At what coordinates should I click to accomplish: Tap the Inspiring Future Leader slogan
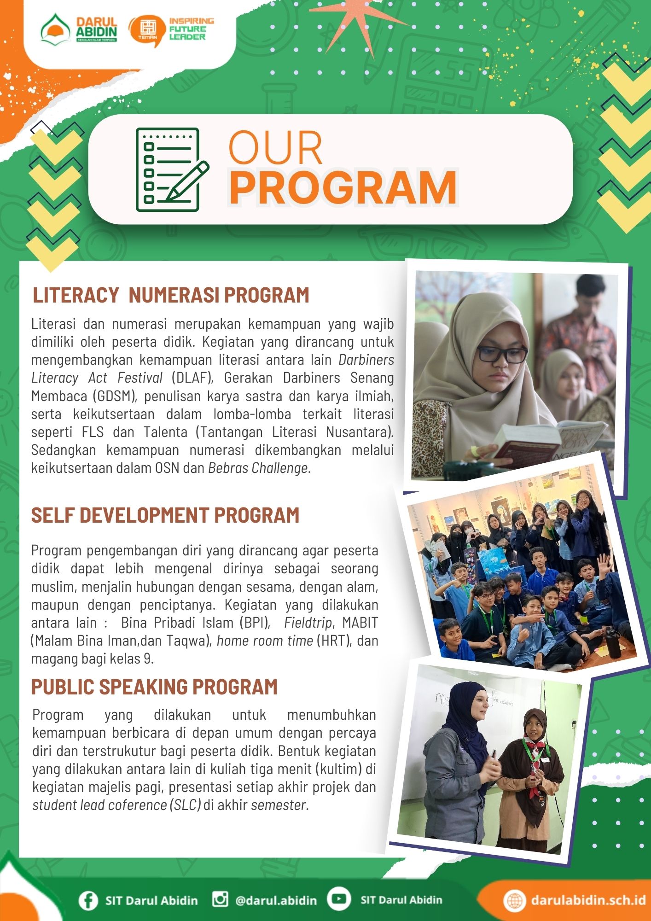[x=191, y=29]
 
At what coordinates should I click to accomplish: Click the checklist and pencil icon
[x=171, y=169]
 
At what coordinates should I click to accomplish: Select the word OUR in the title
[x=275, y=148]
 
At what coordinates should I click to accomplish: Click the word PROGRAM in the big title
[x=343, y=187]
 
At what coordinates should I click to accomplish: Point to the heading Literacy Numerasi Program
[x=171, y=295]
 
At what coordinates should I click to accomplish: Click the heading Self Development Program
[x=165, y=515]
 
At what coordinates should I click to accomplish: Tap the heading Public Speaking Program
[x=154, y=687]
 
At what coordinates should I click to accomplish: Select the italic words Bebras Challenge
[x=258, y=468]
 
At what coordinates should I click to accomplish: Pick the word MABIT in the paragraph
[x=360, y=623]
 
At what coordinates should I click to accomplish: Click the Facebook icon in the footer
[x=88, y=900]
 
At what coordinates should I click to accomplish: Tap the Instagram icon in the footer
[x=220, y=899]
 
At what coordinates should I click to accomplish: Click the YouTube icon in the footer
[x=339, y=899]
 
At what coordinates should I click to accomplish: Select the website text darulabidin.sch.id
[x=588, y=900]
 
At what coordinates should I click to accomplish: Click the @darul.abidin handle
[x=276, y=900]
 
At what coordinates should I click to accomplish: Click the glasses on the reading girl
[x=502, y=355]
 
